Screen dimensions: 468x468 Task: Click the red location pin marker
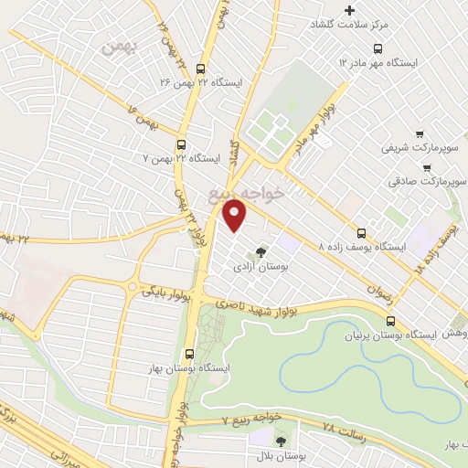235,215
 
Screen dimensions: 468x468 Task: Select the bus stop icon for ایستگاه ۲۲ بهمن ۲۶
201,68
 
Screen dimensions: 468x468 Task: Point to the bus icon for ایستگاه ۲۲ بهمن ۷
181,144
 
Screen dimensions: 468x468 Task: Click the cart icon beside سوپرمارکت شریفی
420,133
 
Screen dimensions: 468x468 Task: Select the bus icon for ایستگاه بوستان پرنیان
391,321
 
